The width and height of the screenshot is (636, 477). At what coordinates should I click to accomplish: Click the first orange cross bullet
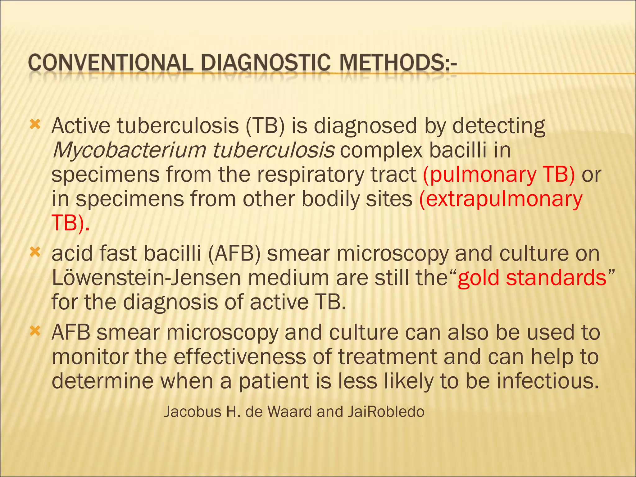tap(35, 125)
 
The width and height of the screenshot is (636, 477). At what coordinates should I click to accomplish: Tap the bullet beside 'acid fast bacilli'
tap(35, 252)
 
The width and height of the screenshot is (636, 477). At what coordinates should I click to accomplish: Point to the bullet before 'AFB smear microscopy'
tap(35, 331)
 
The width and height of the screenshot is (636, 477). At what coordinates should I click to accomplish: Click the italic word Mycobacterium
tap(129, 151)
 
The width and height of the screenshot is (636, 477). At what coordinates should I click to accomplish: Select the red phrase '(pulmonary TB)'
tap(499, 175)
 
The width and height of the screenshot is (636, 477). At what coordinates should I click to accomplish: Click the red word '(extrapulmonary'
tap(501, 199)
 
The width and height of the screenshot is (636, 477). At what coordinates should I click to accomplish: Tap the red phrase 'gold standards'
tap(532, 278)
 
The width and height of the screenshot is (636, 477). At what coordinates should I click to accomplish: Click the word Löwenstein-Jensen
tap(146, 278)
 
